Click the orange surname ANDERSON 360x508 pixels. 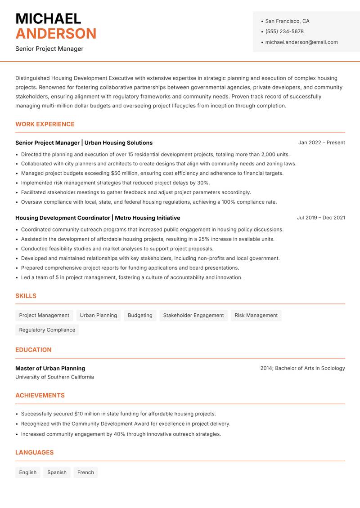coord(56,34)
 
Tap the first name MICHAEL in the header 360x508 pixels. coord(48,18)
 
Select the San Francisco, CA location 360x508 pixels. coord(287,21)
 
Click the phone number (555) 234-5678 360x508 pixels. coord(284,31)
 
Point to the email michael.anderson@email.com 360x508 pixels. coord(301,42)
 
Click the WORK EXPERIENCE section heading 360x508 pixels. coord(45,124)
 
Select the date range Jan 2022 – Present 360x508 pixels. coord(321,143)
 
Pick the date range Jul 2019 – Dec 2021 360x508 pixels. coord(321,218)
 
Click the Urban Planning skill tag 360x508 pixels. coord(99,315)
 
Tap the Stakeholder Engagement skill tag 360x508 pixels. coord(193,315)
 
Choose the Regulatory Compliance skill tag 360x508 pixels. coord(47,330)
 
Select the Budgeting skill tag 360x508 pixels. coord(140,315)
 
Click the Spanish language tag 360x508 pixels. coord(57,472)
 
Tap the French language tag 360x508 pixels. coord(85,472)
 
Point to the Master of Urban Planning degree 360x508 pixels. coord(50,368)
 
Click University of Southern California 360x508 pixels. coord(54,377)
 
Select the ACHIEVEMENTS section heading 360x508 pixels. coord(40,395)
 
